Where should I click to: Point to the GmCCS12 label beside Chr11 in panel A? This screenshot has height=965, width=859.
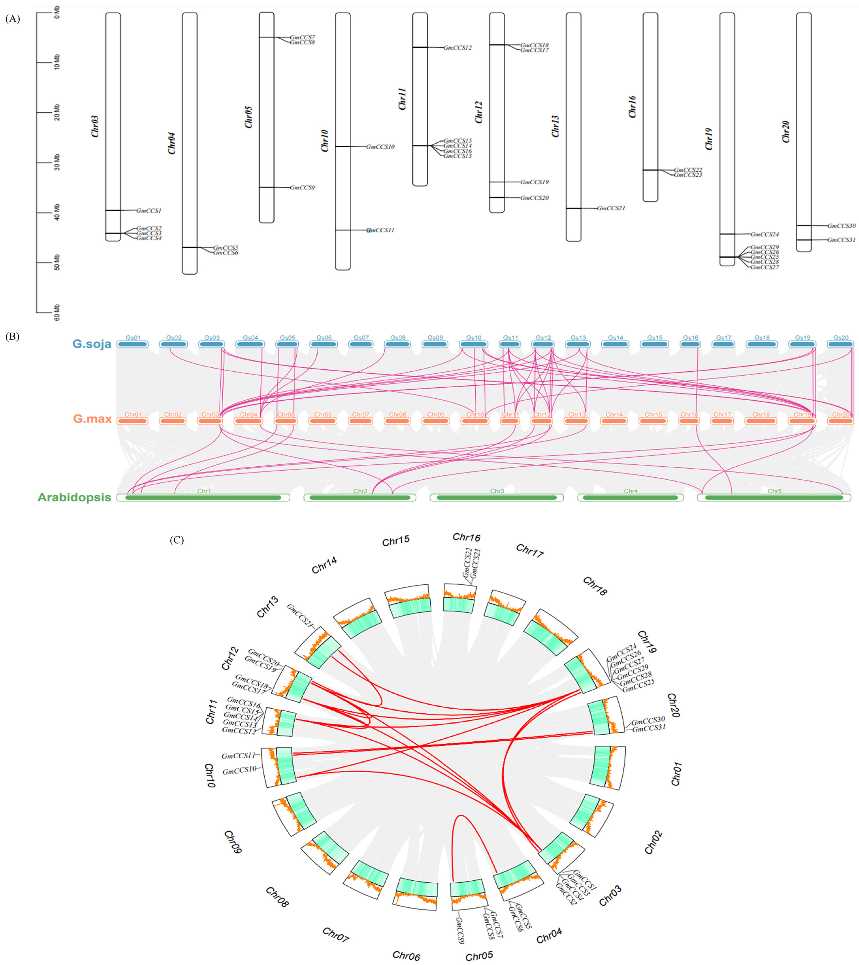point(457,48)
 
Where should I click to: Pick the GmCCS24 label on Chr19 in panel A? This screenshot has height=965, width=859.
point(765,234)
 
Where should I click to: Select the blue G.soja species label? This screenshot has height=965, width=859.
point(92,344)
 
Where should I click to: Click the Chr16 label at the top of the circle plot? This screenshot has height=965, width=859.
point(466,537)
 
